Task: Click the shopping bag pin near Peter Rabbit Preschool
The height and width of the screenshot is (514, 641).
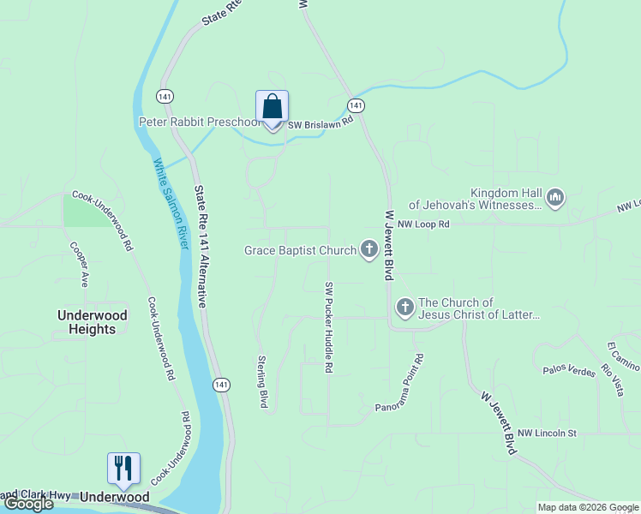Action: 272,109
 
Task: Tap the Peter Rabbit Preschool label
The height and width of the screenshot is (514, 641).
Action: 199,123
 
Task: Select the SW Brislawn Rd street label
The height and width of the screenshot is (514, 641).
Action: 320,123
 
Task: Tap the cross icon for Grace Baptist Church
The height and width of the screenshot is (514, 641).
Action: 369,250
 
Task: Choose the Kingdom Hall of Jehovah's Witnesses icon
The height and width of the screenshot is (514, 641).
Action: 555,198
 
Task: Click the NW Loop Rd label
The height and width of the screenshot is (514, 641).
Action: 423,224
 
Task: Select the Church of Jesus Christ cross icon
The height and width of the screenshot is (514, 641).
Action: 404,307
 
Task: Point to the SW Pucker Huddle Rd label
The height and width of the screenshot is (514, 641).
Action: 328,327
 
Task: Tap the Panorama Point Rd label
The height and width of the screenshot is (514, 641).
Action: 400,385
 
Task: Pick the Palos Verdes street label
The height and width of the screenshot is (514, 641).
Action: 567,370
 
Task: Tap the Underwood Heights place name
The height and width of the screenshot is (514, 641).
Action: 93,322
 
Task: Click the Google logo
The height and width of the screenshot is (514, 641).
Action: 28,504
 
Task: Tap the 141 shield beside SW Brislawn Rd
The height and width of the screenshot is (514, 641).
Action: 356,105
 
